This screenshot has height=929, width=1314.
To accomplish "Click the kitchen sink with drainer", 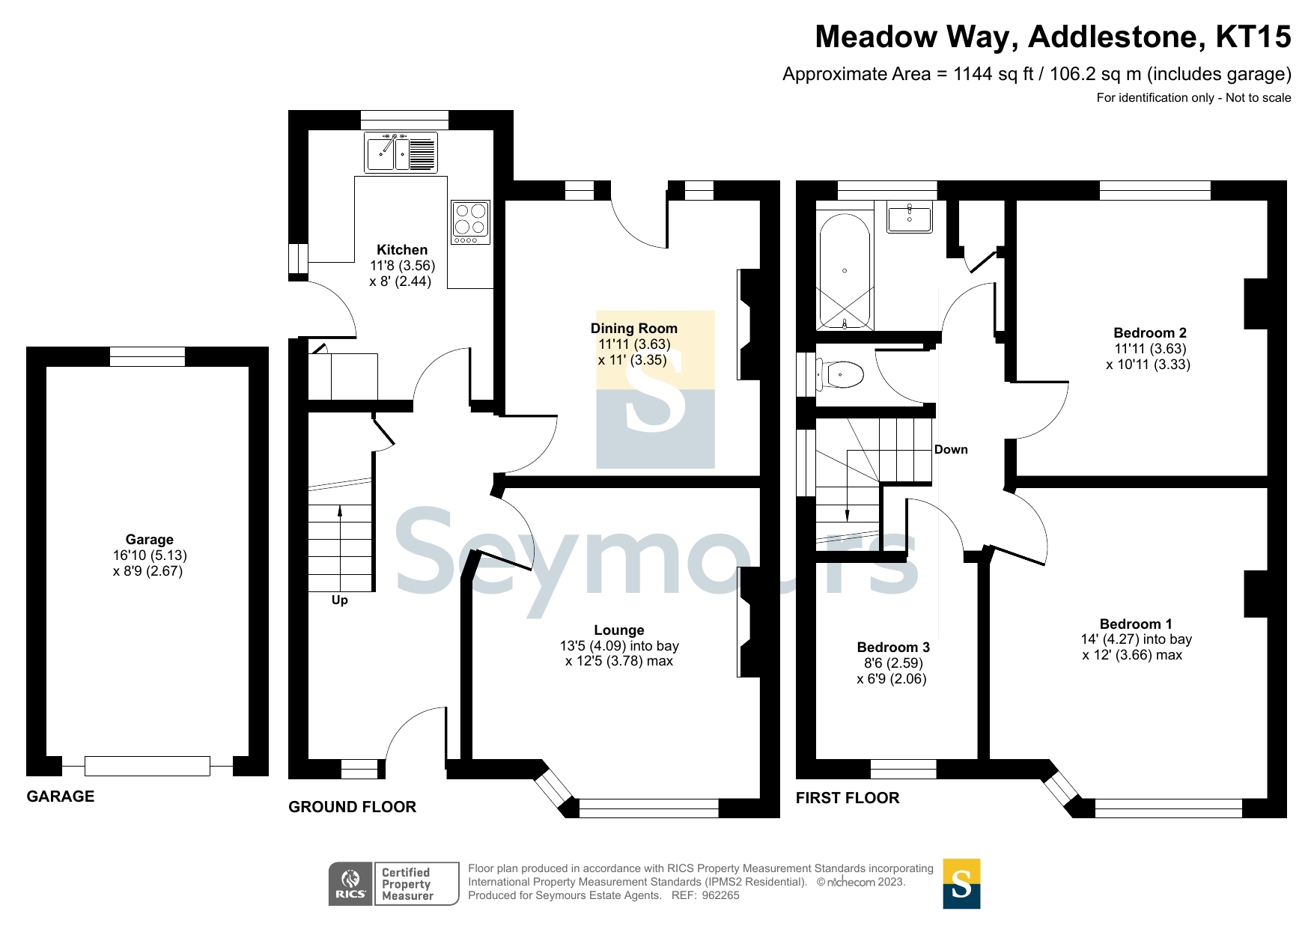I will pyautogui.click(x=401, y=153).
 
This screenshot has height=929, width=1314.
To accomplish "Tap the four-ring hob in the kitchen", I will pyautogui.click(x=470, y=222).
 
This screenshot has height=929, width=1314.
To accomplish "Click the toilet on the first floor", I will pyautogui.click(x=840, y=374).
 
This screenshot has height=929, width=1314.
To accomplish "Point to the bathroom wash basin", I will pyautogui.click(x=909, y=219).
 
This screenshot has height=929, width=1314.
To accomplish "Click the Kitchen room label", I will pyautogui.click(x=402, y=250).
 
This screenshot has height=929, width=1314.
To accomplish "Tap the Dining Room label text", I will pyautogui.click(x=633, y=329).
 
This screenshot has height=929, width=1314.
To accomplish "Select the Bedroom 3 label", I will pyautogui.click(x=892, y=648).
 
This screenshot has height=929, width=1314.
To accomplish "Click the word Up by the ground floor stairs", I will pyautogui.click(x=339, y=600).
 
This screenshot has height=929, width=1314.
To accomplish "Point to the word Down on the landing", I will pyautogui.click(x=950, y=450).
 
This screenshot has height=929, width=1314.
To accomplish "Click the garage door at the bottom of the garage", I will pyautogui.click(x=147, y=766).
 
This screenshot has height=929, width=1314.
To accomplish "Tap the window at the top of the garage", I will pyautogui.click(x=147, y=356).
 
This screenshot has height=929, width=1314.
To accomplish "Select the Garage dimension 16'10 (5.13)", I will pyautogui.click(x=150, y=555).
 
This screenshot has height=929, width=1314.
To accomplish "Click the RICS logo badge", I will pyautogui.click(x=350, y=884).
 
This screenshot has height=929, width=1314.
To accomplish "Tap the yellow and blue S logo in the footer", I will pyautogui.click(x=961, y=884).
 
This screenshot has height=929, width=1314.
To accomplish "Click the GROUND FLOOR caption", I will pyautogui.click(x=352, y=807).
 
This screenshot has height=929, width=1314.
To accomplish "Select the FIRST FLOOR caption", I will pyautogui.click(x=847, y=798).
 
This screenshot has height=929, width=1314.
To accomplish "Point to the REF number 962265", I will pyautogui.click(x=720, y=895).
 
